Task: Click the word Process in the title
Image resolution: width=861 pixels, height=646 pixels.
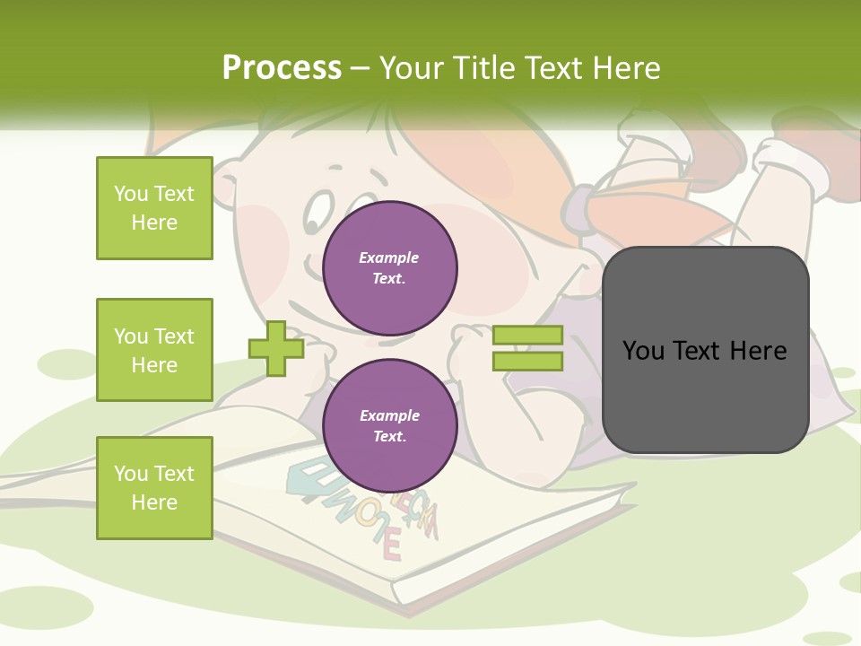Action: (282, 67)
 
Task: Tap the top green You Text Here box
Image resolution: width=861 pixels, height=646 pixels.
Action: (154, 208)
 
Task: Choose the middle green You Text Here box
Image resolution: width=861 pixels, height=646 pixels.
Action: (154, 350)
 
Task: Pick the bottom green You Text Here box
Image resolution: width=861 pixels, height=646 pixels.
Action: (154, 488)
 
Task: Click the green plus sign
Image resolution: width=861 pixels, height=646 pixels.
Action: (276, 348)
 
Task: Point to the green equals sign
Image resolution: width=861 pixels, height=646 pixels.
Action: (527, 348)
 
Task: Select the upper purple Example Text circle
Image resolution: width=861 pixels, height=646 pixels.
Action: (389, 268)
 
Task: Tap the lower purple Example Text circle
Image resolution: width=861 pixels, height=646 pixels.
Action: (389, 426)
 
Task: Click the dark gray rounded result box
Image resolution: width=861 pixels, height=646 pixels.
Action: (705, 350)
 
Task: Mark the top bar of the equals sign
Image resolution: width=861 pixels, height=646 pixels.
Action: (527, 336)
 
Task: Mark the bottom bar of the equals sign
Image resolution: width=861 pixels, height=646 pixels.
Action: (527, 362)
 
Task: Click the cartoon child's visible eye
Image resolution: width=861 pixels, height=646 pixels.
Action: (315, 214)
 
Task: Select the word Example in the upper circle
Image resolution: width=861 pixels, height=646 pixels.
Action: (388, 258)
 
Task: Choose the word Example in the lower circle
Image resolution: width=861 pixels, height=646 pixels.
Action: (389, 415)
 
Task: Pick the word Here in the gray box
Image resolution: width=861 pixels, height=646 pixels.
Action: (758, 350)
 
